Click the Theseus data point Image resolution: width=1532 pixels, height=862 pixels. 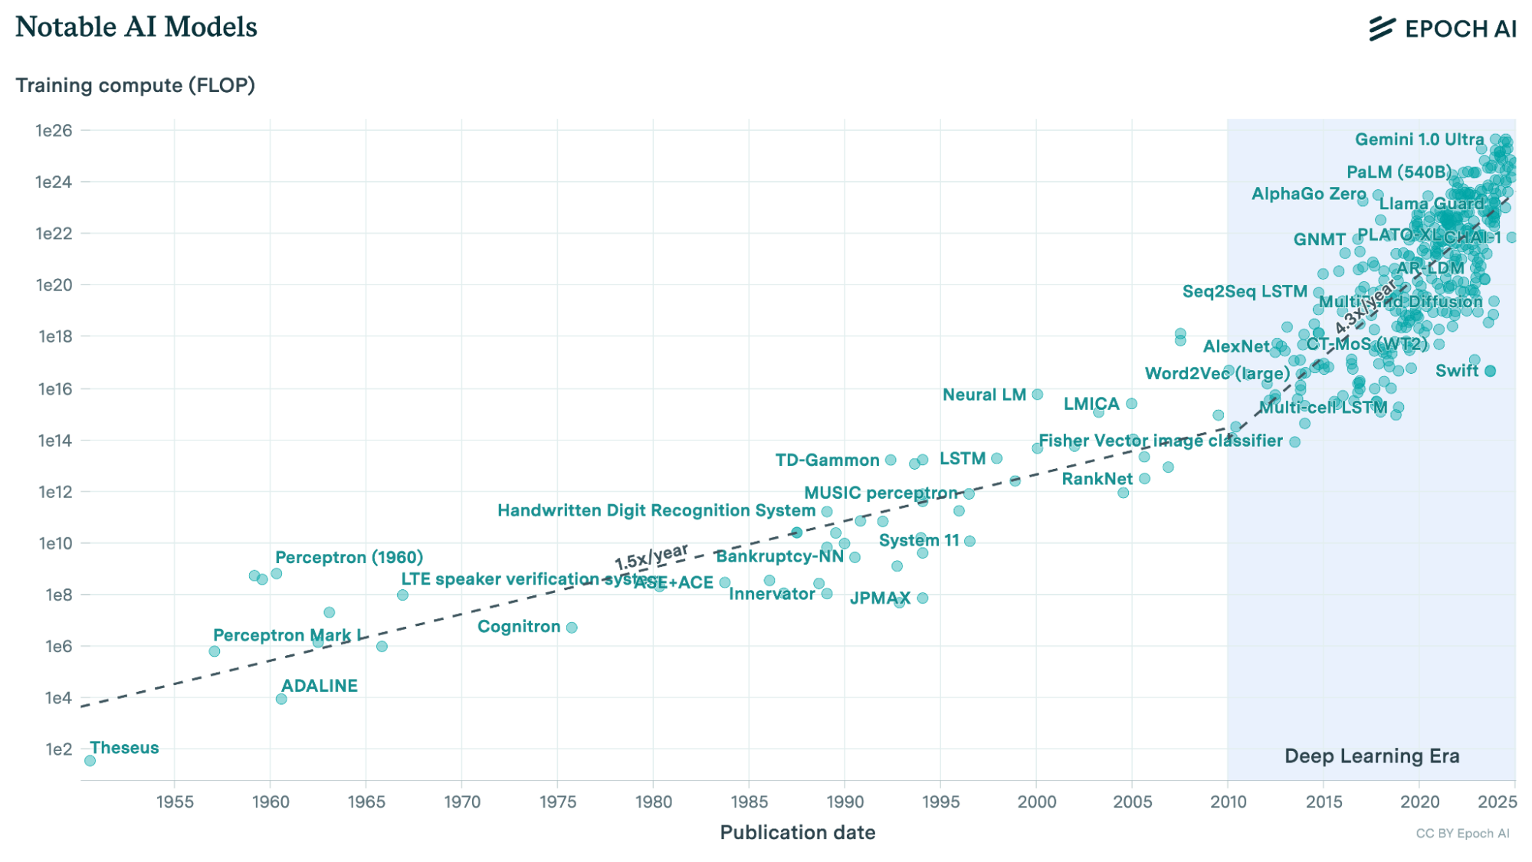point(90,761)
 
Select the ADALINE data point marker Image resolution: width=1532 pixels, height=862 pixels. point(281,699)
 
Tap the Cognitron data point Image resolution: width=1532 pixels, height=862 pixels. point(572,628)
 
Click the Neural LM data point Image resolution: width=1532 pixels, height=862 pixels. point(1038,395)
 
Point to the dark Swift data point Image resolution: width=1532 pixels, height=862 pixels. point(1490,371)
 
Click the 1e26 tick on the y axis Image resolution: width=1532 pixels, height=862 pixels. point(54,131)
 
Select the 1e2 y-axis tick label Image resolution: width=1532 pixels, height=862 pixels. point(58,749)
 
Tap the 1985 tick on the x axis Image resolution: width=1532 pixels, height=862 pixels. point(749,801)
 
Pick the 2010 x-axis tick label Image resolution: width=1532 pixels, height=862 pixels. point(1228,801)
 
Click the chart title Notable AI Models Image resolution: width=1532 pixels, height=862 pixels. point(136,28)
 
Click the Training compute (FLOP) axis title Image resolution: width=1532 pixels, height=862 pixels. point(136,85)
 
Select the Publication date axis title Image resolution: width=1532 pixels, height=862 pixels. point(797,833)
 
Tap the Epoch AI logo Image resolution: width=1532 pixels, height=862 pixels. point(1442,29)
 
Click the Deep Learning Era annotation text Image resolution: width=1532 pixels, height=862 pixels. point(1372,756)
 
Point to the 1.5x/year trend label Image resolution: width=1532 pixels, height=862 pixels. point(651,557)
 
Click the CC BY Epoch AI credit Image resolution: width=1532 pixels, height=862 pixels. point(1462,834)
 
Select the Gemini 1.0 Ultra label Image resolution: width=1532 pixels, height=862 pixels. point(1419,139)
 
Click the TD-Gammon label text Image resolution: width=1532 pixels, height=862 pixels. point(827,460)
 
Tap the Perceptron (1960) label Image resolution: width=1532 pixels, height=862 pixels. point(349,558)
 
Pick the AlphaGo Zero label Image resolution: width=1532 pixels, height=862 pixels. point(1308,194)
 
